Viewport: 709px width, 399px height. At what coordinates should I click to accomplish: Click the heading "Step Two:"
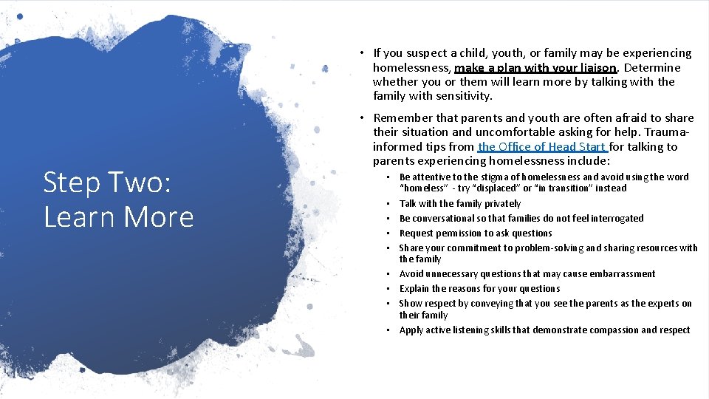point(107,183)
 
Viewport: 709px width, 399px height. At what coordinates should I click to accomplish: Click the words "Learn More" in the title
point(118,217)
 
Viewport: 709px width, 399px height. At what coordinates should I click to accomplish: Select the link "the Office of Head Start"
point(542,146)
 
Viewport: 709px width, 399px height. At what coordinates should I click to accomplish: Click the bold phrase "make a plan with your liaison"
point(535,67)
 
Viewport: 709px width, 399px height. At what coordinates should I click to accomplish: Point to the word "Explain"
point(414,288)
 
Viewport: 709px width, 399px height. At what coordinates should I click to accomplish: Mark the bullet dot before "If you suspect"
point(362,53)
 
